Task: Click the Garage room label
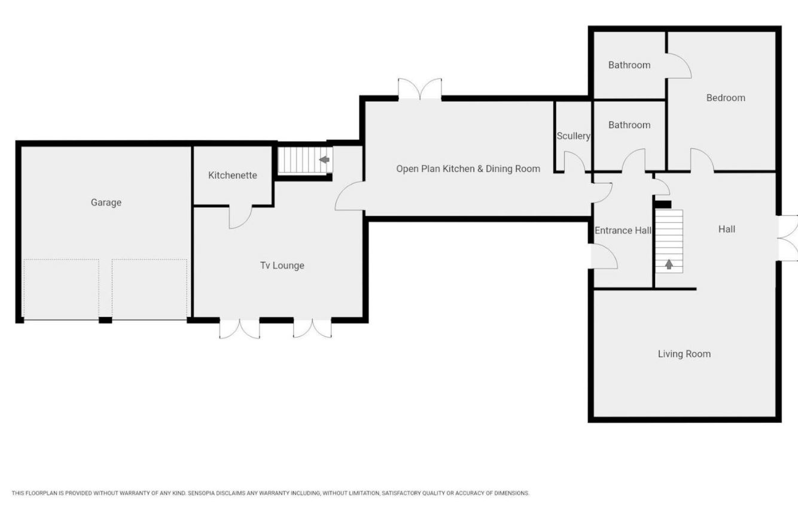coord(106,203)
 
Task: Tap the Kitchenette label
coord(233,175)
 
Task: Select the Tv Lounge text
coord(282,265)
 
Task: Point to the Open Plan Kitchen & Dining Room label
coord(468,169)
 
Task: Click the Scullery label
coord(573,136)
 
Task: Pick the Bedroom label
coord(726,98)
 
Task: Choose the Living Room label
coord(684,354)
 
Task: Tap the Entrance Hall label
coord(623,230)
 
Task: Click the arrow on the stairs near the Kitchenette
coord(324,160)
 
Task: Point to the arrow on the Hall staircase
coord(669,264)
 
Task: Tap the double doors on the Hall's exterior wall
coord(788,238)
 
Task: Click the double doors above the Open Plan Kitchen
coord(420,88)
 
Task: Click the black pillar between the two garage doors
coord(105,320)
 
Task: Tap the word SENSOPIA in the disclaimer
coord(203,493)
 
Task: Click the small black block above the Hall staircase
coord(663,204)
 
